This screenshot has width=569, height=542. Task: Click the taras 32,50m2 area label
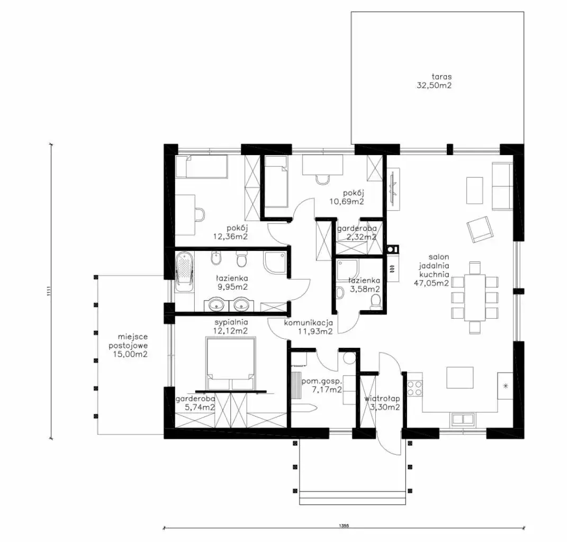[435, 81]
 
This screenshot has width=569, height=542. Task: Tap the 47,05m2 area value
[431, 283]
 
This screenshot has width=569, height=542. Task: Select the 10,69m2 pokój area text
[347, 201]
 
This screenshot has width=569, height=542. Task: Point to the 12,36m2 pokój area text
[230, 237]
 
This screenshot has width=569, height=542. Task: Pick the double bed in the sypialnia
[230, 364]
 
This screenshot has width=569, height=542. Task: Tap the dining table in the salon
[475, 297]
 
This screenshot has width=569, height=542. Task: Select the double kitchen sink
[462, 419]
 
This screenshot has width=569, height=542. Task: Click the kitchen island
[460, 378]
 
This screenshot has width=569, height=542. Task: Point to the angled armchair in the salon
[480, 229]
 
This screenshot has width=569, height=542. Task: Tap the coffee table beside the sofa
[474, 191]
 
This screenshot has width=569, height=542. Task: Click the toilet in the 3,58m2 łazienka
[376, 301]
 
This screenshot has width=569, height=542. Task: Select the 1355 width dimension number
[344, 525]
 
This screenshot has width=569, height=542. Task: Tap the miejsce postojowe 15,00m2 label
[128, 346]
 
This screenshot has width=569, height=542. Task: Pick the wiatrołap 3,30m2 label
[382, 403]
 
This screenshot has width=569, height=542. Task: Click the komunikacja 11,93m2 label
[309, 327]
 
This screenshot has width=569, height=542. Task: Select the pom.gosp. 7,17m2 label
[321, 386]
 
